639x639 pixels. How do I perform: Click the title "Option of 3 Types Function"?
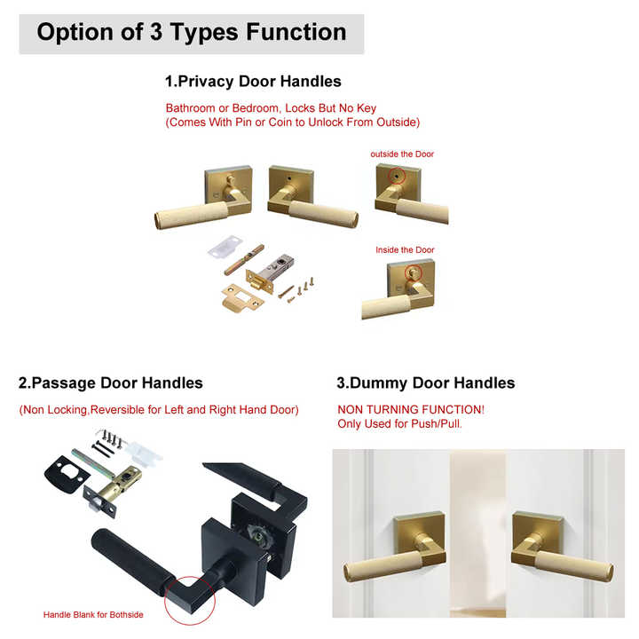(192, 33)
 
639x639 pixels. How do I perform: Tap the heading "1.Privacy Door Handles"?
(253, 82)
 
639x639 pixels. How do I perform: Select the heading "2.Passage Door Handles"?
(111, 383)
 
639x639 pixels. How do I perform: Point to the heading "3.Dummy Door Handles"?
(425, 383)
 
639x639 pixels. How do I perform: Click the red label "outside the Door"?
(402, 154)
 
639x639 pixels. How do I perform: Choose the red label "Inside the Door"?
(405, 250)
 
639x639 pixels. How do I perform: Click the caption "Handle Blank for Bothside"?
(93, 614)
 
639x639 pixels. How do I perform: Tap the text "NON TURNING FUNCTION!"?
(411, 410)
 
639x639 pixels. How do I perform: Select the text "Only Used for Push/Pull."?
(399, 424)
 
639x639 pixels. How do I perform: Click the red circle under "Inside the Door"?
(413, 272)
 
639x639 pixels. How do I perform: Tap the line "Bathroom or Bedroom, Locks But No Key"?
(271, 108)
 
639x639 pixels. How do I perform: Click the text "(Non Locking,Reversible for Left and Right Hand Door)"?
(159, 410)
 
